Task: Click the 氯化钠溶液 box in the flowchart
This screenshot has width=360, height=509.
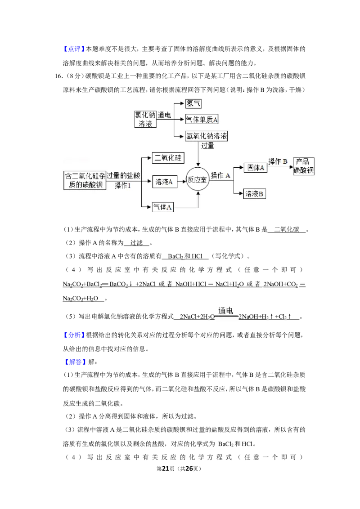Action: [145, 119]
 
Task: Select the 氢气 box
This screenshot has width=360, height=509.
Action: [193, 103]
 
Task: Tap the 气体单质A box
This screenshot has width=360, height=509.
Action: [202, 120]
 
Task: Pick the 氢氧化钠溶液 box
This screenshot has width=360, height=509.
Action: [206, 136]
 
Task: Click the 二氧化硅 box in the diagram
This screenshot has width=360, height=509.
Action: [168, 158]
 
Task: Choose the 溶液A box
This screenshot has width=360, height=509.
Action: [164, 182]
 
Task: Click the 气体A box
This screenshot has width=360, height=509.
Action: [163, 207]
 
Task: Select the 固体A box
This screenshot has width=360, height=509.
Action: [256, 168]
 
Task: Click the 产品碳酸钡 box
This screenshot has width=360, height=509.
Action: [303, 166]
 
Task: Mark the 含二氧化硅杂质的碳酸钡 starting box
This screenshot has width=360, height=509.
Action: [85, 180]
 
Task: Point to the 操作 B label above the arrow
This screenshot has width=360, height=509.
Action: [278, 161]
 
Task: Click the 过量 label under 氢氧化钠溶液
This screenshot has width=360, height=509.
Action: [207, 146]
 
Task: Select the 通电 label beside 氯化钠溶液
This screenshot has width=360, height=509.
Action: [164, 115]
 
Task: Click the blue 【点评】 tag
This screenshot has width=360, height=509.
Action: [74, 49]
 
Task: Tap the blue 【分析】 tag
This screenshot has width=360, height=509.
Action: [74, 335]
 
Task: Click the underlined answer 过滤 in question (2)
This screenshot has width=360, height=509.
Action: [136, 243]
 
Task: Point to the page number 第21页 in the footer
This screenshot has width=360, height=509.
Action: [166, 469]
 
